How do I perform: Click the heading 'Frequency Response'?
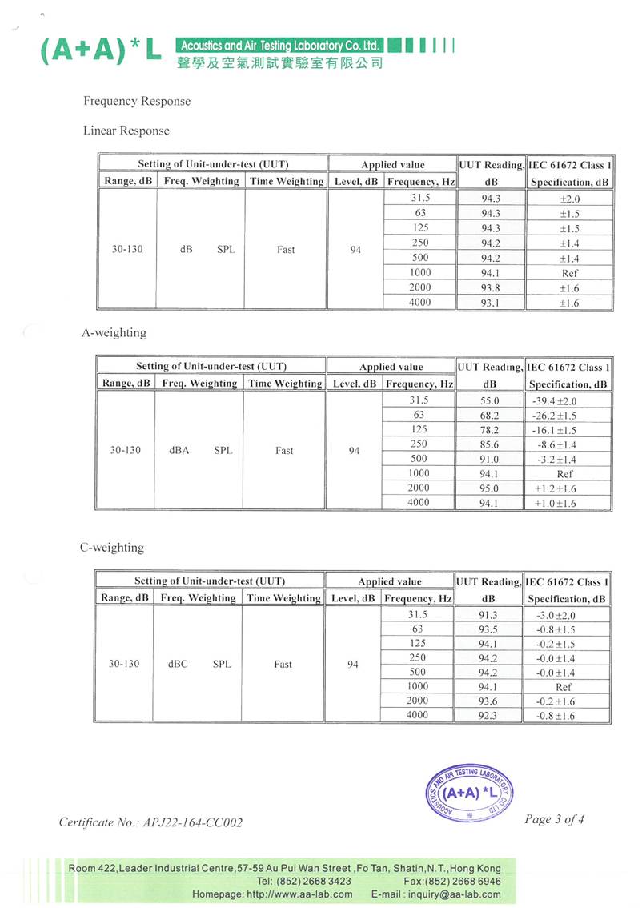click(137, 102)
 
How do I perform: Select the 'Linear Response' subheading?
click(126, 131)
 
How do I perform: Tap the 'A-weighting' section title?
click(114, 332)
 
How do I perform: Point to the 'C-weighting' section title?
click(112, 548)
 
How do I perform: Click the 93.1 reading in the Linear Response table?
click(491, 303)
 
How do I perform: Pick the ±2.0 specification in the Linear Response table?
click(569, 199)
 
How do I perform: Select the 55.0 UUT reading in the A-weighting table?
click(489, 401)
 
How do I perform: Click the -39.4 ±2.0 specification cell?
click(554, 401)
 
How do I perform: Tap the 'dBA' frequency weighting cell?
click(179, 451)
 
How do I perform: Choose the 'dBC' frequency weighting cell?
click(178, 665)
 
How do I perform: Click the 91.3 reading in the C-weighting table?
click(488, 615)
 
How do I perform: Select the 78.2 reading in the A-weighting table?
click(489, 430)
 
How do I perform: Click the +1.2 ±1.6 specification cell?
click(555, 488)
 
